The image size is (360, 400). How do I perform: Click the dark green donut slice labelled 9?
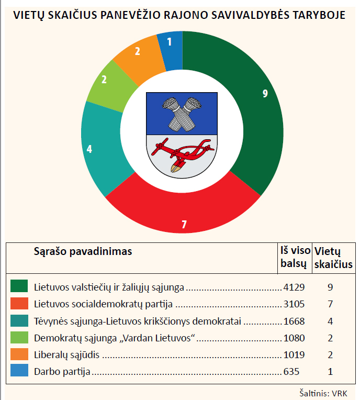coord(251,105)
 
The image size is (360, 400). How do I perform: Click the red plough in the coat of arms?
coord(182,152)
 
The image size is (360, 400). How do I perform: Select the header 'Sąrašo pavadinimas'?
coord(83,251)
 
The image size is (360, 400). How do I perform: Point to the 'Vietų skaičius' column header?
coord(333,257)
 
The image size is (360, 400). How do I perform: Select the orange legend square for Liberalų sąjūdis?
coord(19,355)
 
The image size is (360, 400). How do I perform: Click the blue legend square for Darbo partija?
coord(19,372)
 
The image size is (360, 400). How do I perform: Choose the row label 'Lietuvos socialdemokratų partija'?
coord(103,304)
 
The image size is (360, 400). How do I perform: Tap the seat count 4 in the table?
coord(330,321)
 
